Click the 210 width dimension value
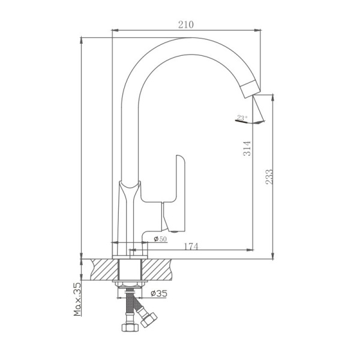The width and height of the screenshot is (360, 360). (x=186, y=25)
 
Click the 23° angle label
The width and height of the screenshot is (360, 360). (x=241, y=118)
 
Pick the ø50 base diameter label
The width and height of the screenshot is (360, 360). (x=160, y=239)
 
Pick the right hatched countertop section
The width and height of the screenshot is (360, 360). (x=157, y=268)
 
